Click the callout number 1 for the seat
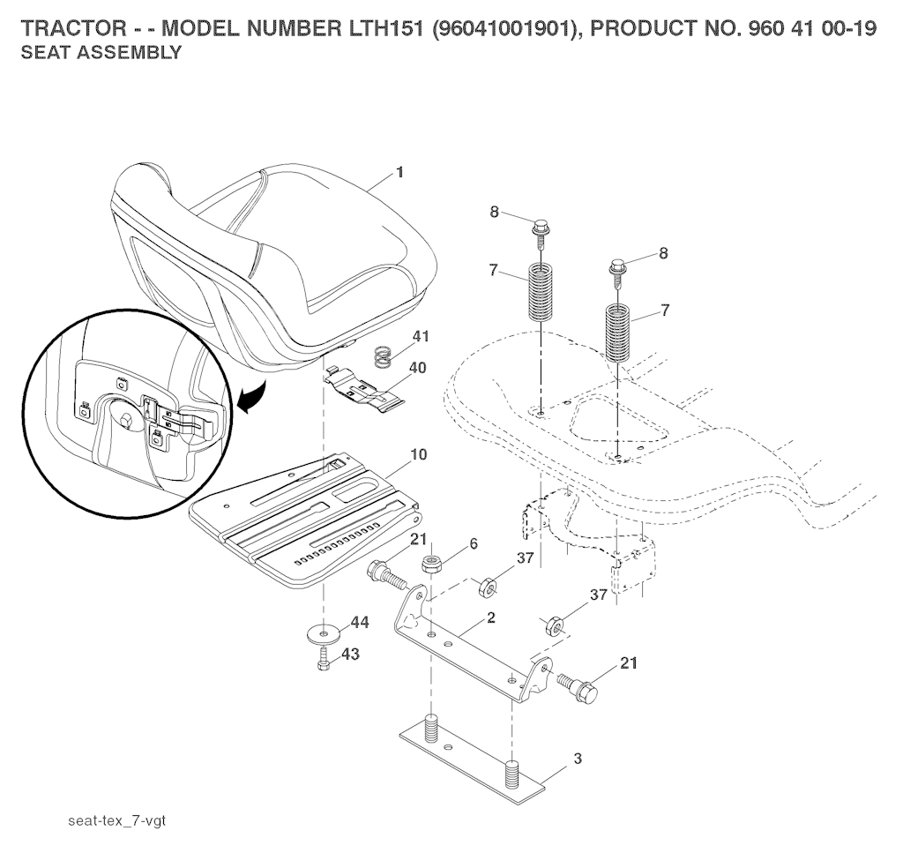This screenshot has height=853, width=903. point(399,172)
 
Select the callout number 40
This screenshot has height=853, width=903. point(417,367)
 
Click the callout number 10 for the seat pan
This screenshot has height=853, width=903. point(419,454)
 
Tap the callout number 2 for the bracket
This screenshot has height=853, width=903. point(490,617)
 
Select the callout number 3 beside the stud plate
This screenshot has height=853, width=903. point(578,759)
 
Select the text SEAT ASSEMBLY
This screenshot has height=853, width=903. point(101,52)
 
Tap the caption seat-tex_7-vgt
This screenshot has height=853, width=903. point(117,820)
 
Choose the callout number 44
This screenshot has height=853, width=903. point(360,623)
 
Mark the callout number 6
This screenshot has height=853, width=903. point(474,543)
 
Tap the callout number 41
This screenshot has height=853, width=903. point(421,336)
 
